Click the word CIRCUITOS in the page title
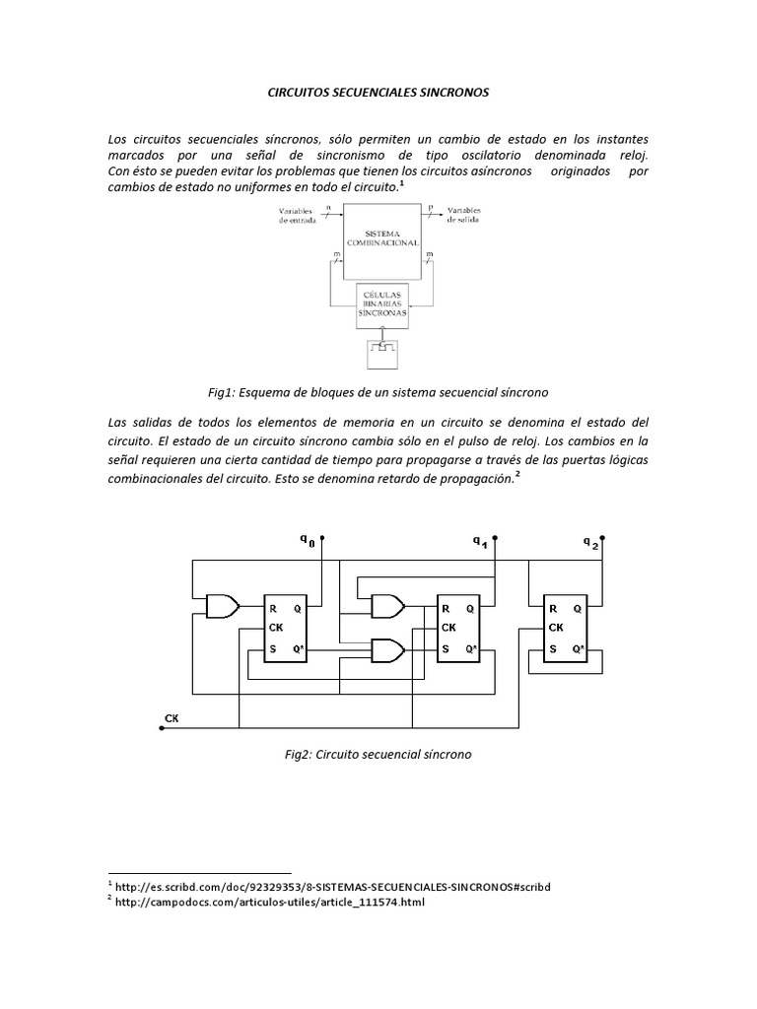click(304, 92)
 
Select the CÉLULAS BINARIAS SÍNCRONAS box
click(379, 303)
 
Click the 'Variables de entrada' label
click(299, 215)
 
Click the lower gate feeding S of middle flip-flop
click(385, 649)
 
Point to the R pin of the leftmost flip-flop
click(272, 608)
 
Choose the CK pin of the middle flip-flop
click(448, 628)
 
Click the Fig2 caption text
click(378, 755)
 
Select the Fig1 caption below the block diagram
click(378, 392)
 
